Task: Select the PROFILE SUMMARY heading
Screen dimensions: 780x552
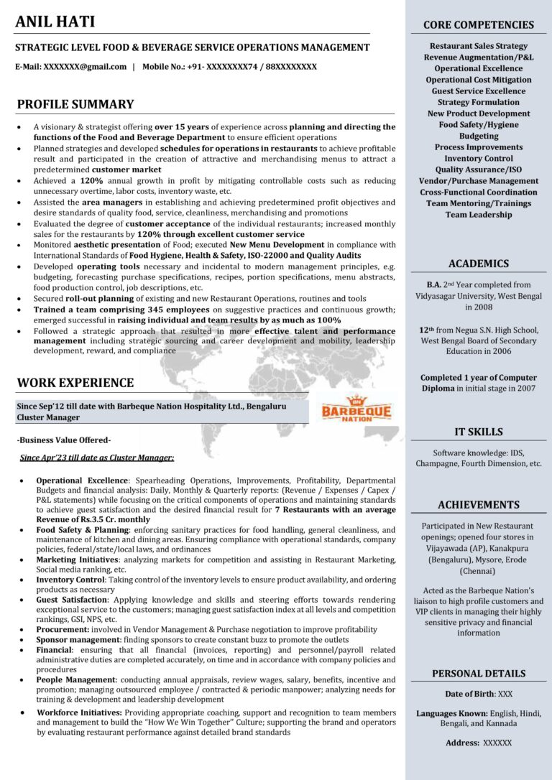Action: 75,104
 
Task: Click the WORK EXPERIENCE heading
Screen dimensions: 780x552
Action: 75,383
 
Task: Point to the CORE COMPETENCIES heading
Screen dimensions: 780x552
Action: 478,25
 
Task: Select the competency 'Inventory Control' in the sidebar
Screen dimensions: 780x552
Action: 478,158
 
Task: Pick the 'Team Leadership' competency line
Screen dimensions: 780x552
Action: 478,214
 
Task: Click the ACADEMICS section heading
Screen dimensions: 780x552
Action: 478,264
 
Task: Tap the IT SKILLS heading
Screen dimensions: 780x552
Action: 478,432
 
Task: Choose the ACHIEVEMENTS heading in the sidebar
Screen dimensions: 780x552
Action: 478,505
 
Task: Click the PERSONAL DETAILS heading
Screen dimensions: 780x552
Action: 478,674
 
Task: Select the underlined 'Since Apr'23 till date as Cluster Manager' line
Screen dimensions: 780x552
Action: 97,457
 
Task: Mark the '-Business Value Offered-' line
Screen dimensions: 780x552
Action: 64,440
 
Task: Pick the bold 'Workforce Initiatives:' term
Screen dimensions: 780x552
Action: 79,712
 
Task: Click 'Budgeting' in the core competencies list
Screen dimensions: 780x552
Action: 478,136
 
